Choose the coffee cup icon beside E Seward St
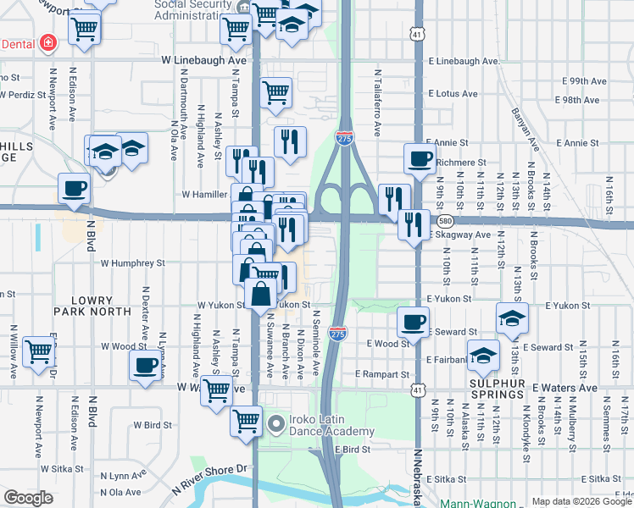click(412, 322)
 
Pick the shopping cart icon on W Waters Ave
click(217, 390)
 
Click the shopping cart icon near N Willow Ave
click(38, 351)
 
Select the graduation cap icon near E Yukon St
click(513, 318)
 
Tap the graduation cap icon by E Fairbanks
click(483, 355)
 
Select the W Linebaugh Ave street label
click(203, 61)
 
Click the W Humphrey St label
click(132, 263)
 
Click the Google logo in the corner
click(29, 498)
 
